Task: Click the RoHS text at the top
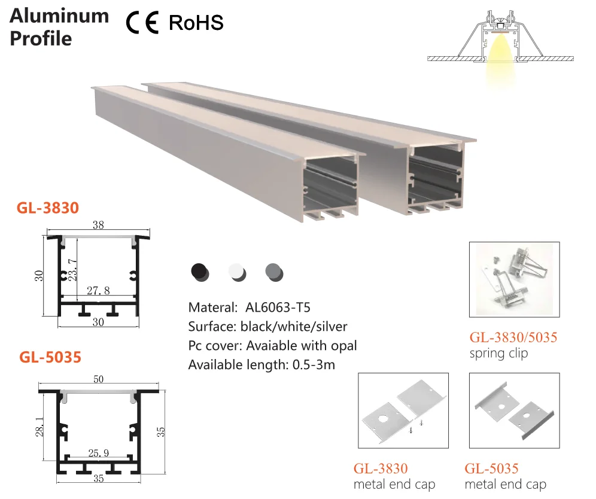[x=196, y=23]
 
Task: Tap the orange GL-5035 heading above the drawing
[x=50, y=357]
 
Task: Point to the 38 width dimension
[x=98, y=226]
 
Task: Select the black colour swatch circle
[x=199, y=272]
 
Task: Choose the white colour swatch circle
[x=237, y=272]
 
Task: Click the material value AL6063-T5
[x=278, y=308]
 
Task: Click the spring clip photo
[x=515, y=279]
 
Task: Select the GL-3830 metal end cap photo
[x=403, y=410]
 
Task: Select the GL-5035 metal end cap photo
[x=515, y=410]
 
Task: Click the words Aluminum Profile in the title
[x=59, y=27]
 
